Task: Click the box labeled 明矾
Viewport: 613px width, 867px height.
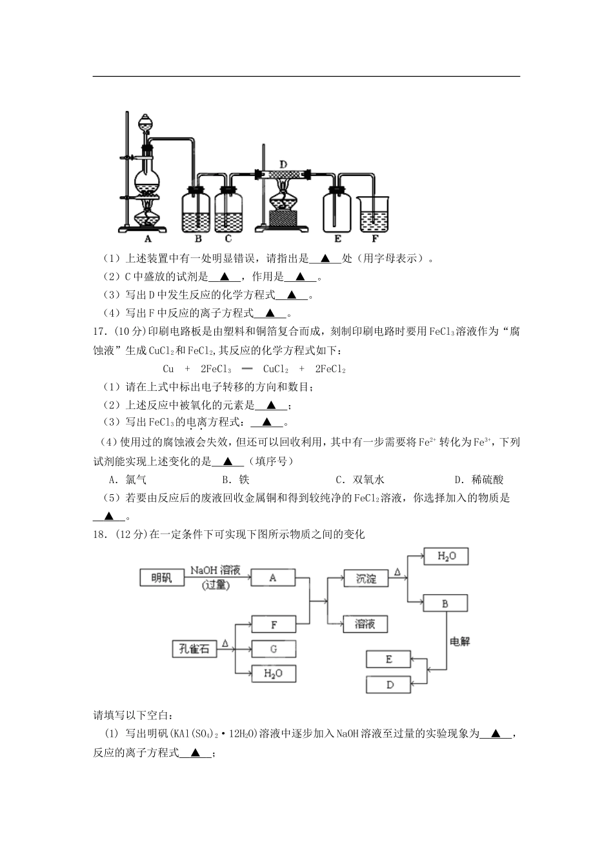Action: pos(161,578)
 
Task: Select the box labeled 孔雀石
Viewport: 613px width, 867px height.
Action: pos(194,649)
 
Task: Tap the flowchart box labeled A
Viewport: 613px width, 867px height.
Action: pos(272,578)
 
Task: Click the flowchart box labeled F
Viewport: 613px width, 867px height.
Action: pos(274,624)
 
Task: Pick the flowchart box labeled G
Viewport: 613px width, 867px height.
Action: pos(274,649)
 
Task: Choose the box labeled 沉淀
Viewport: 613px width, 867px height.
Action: pos(366,579)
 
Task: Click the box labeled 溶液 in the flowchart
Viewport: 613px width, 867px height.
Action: pos(366,624)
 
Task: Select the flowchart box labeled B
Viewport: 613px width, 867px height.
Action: pos(445,604)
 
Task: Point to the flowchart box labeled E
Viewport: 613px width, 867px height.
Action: pos(388,659)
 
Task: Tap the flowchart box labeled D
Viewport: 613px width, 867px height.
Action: pos(389,684)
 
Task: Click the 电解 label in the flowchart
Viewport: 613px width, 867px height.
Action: pos(459,642)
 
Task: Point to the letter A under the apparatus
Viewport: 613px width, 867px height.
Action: pos(147,239)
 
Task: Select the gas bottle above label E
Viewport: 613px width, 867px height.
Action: pos(337,209)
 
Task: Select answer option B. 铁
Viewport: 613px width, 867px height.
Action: pos(236,480)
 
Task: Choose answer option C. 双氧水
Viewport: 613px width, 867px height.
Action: pos(360,480)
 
